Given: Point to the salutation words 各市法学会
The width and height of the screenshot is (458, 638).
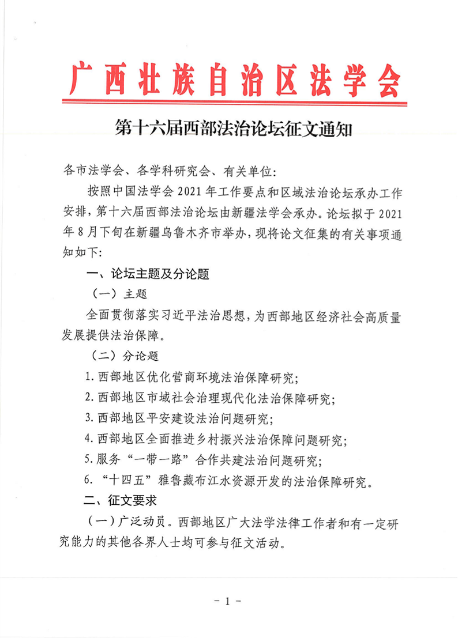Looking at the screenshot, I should (91, 171).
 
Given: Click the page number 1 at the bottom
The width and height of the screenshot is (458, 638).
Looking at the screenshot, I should (228, 601).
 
